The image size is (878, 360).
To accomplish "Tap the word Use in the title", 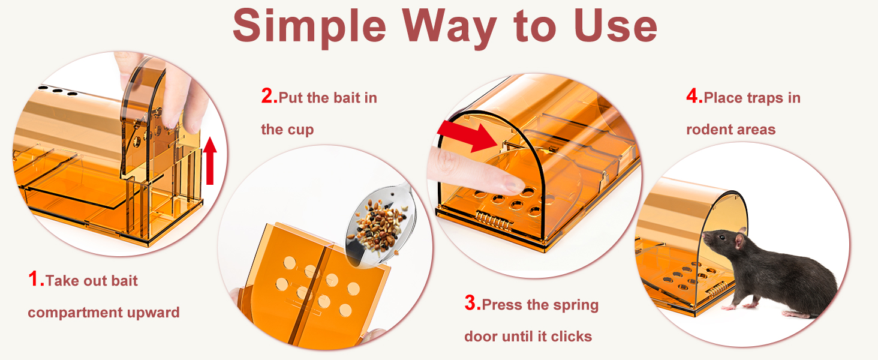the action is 615,25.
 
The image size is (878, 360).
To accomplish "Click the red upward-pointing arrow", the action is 210,161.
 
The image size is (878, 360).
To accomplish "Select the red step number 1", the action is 35,279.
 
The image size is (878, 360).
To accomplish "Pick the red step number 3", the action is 473,303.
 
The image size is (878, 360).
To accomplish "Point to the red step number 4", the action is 694,95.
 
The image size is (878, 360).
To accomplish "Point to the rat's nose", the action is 703,236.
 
